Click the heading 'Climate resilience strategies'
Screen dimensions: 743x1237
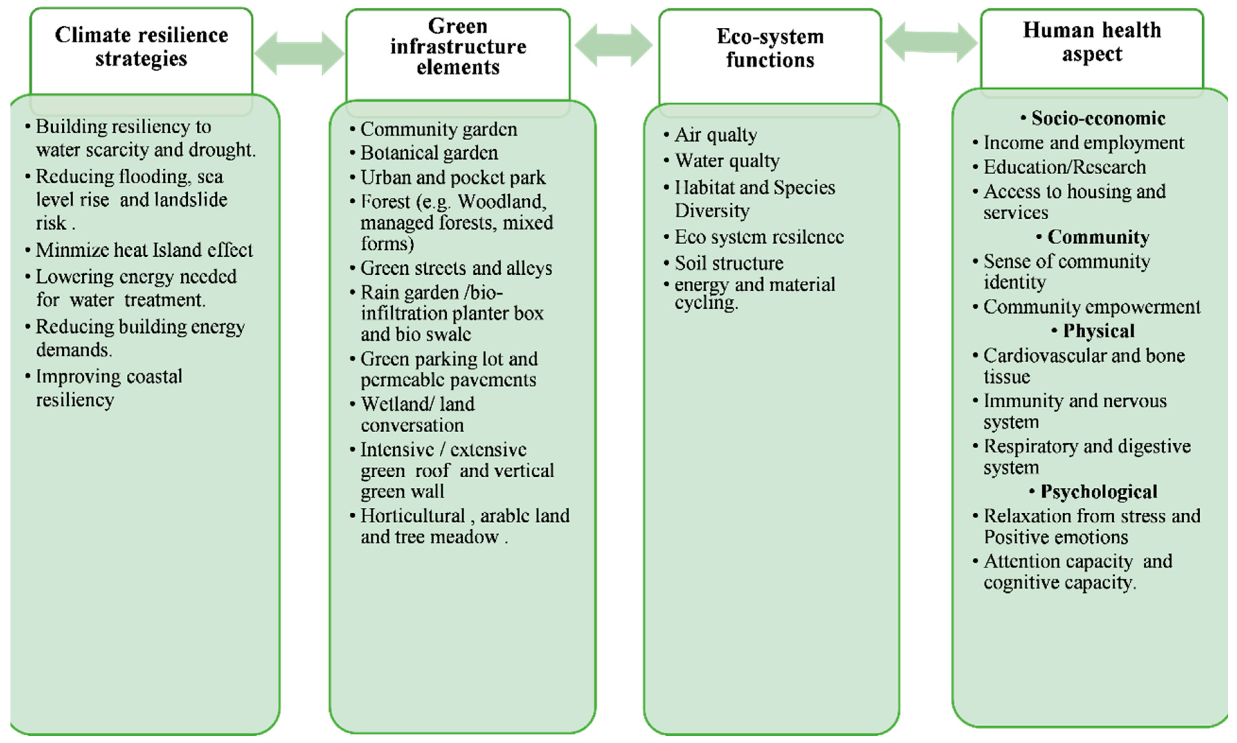coord(142,46)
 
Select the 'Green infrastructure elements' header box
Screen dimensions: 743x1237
coord(458,46)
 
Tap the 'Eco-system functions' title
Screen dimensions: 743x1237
coord(770,48)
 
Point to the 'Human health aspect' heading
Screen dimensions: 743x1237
coord(1092,42)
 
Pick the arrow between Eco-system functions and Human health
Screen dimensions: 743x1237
coord(931,43)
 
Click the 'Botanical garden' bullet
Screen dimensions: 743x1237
coord(429,153)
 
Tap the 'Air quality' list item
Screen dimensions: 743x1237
coord(716,135)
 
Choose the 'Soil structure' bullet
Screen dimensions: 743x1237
coord(728,263)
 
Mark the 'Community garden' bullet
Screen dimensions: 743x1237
coord(438,130)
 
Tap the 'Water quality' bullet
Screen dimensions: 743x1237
coord(727,161)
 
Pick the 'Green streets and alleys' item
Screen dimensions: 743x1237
coord(456,268)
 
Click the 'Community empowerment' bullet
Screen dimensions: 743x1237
coord(1091,307)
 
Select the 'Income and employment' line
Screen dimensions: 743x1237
coord(1083,143)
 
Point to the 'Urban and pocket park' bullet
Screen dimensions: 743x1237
coord(452,178)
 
